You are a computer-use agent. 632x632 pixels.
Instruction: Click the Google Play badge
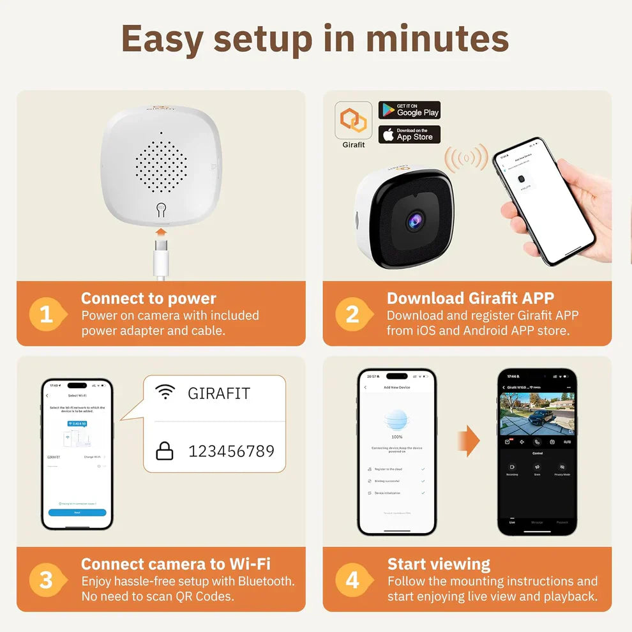tap(409, 110)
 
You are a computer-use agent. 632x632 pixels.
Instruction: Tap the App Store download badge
tap(409, 134)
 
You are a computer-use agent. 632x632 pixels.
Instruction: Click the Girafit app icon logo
tap(353, 120)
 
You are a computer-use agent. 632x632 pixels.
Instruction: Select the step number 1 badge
tap(47, 314)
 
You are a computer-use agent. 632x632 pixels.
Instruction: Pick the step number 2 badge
tap(352, 314)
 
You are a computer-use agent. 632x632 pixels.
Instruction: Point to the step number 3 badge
tap(47, 580)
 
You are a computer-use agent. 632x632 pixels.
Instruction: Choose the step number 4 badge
tap(352, 580)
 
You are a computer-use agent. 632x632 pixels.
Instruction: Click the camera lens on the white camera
tap(414, 220)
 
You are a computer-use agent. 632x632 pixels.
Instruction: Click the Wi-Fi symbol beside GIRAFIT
tap(165, 393)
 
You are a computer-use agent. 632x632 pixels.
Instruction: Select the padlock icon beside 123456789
tap(165, 451)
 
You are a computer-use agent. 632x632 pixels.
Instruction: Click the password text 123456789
tap(231, 451)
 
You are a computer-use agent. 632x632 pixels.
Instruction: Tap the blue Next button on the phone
tap(77, 512)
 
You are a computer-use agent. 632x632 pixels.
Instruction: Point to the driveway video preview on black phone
tap(537, 414)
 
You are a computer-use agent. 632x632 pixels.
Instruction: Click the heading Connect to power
tap(148, 298)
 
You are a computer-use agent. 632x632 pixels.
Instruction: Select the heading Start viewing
tap(439, 564)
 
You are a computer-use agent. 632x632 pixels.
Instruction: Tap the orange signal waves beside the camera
tap(466, 158)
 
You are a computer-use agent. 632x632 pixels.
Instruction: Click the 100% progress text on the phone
tap(396, 437)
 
